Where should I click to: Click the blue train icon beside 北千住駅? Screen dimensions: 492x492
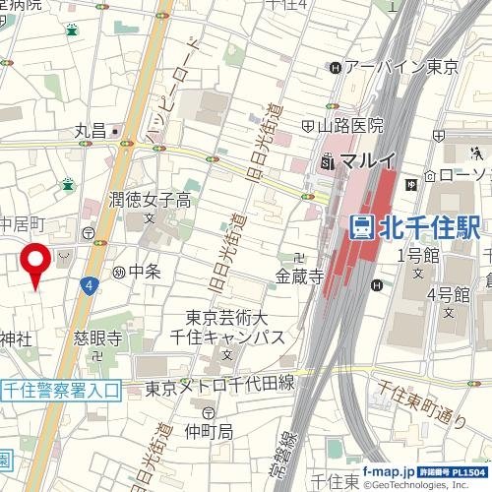click(362, 227)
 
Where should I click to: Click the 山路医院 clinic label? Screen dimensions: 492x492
click(350, 126)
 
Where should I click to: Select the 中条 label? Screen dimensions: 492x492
click(144, 271)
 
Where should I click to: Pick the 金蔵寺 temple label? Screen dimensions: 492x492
click(300, 278)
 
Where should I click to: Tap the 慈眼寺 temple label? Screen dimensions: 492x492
click(97, 338)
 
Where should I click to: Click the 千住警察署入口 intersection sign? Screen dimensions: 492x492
click(60, 391)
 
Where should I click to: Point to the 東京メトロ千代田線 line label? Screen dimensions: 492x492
click(219, 387)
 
